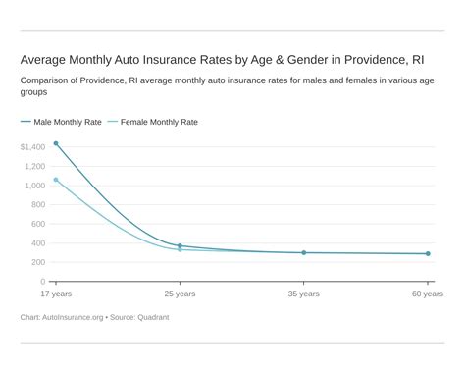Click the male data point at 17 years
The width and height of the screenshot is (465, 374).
tap(56, 144)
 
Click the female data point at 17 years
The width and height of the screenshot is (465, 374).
tap(56, 180)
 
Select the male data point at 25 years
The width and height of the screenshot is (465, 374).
tap(180, 246)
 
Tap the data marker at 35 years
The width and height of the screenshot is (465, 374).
tap(303, 252)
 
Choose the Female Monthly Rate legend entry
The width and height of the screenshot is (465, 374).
tap(157, 123)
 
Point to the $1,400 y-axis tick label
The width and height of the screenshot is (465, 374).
tap(32, 147)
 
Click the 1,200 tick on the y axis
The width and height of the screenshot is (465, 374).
tap(34, 167)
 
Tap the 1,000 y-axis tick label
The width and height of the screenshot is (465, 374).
tap(34, 186)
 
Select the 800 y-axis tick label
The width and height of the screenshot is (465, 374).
tap(37, 205)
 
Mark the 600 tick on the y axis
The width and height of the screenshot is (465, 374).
tap(37, 224)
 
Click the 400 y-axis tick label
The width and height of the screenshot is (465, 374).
tap(37, 243)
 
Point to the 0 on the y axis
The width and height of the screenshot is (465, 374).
tap(42, 282)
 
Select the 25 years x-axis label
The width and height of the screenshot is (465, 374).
tap(180, 294)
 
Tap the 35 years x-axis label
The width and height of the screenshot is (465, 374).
tap(303, 294)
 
